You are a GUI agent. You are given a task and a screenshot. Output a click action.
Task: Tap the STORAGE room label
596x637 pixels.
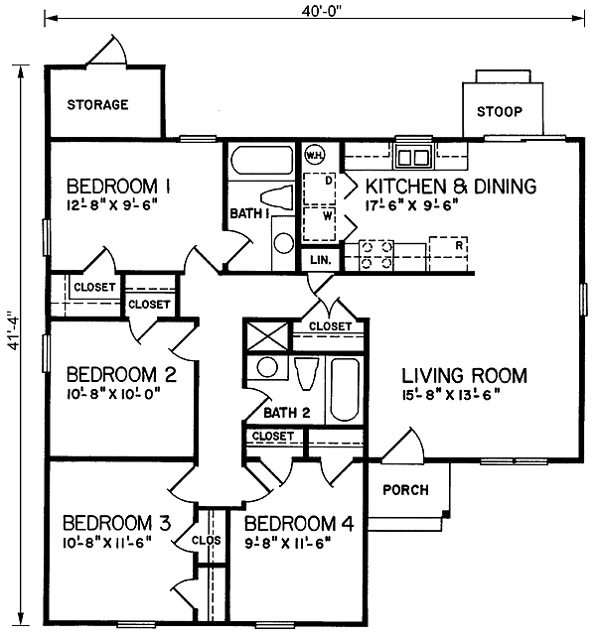point(97,104)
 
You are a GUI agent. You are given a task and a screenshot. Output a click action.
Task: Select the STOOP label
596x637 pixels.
point(500,111)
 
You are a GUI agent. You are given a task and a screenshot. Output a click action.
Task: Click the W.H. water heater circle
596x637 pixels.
point(315,155)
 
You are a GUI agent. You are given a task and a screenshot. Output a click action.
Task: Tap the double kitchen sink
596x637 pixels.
point(412,157)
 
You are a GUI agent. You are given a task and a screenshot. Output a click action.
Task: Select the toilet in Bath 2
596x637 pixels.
point(306,375)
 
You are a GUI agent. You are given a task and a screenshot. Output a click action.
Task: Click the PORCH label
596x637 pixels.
point(405,489)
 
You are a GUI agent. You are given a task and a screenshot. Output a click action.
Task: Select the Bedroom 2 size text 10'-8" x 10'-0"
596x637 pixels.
point(113,393)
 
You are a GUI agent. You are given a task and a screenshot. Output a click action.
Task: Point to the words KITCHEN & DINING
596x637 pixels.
point(451,186)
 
